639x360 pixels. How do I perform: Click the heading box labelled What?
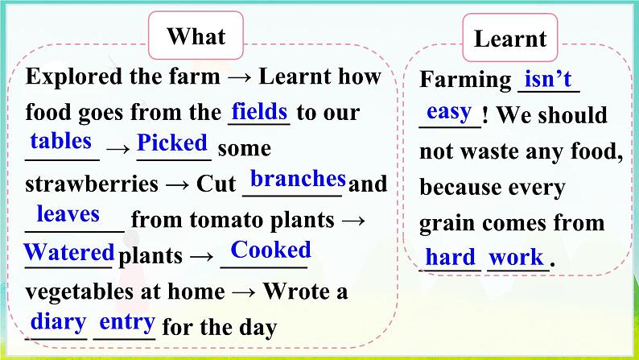[196, 35]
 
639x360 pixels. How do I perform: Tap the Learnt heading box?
[509, 38]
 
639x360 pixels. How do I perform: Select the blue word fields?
[260, 111]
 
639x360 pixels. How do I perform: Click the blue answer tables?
[60, 142]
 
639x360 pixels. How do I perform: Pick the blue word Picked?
[172, 143]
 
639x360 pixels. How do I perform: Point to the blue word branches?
[298, 178]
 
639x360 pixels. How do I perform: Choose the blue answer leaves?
[68, 213]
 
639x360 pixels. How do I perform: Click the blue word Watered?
[69, 252]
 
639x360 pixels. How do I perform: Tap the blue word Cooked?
[270, 250]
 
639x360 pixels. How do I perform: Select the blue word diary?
[58, 322]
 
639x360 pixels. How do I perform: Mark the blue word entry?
[127, 322]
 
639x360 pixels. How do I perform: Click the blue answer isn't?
[548, 79]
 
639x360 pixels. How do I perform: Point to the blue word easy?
[449, 112]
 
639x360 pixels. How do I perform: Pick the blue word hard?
[451, 257]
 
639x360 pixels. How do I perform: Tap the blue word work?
[517, 257]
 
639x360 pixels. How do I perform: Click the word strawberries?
[92, 184]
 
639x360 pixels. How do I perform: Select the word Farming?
[465, 80]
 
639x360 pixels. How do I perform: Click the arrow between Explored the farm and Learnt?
[239, 77]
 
